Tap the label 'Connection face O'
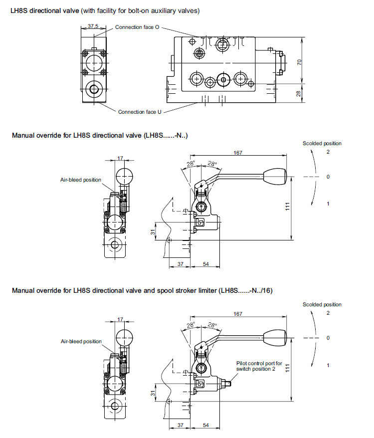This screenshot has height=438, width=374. point(137,27)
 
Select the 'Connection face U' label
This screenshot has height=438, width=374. point(140,112)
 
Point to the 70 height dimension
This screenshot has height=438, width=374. point(300,62)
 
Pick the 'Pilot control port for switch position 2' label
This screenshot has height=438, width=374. point(259,366)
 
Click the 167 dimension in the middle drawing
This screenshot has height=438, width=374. point(238,153)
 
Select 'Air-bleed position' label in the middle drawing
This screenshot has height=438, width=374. point(81,180)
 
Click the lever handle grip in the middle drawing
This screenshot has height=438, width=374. point(275,176)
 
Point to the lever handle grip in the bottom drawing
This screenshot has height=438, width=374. point(275,337)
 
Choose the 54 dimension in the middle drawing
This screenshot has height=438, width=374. point(205,263)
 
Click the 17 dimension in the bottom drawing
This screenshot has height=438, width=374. point(120,319)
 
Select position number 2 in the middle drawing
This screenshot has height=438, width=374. point(328,152)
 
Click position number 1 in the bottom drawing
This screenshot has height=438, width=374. point(328,365)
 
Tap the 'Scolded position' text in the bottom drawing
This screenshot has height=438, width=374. point(322,304)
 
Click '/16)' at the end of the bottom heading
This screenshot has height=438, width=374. point(266,290)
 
